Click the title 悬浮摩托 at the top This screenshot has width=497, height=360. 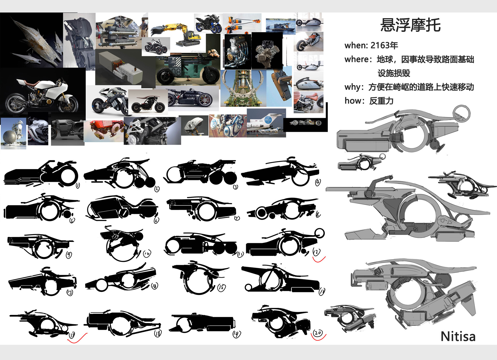(x=410, y=25)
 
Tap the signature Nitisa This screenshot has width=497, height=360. (x=458, y=336)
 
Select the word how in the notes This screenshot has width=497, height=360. (x=353, y=101)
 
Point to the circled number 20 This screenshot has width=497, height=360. (x=318, y=333)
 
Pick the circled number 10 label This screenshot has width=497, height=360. (x=147, y=254)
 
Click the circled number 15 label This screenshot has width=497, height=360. (x=221, y=287)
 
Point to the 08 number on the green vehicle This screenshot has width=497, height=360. (x=176, y=72)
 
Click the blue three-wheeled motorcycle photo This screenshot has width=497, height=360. (x=208, y=24)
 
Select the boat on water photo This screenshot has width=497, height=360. (x=281, y=26)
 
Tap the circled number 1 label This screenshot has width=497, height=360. (x=78, y=185)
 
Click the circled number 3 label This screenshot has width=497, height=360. (x=235, y=187)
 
